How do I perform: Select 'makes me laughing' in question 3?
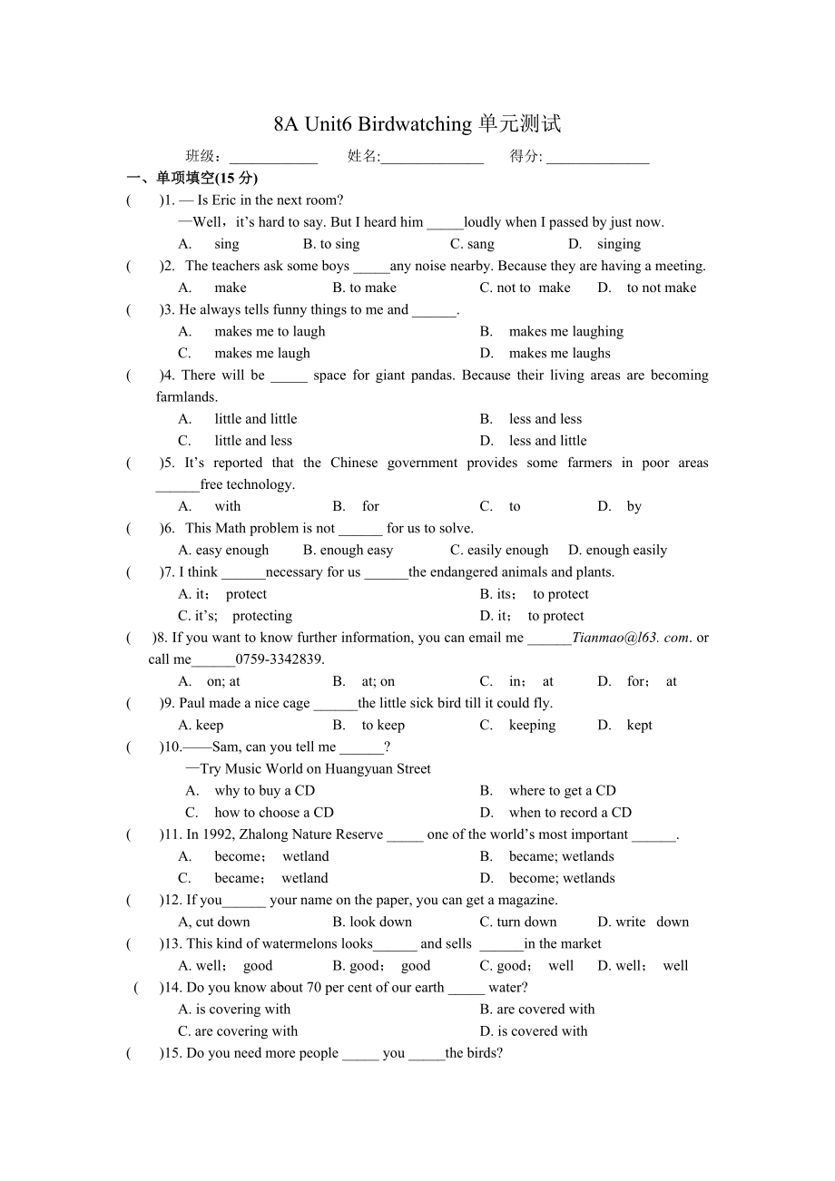pyautogui.click(x=565, y=331)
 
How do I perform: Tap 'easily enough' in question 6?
pyautogui.click(x=507, y=550)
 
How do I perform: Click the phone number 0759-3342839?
pyautogui.click(x=280, y=659)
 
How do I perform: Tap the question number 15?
pyautogui.click(x=172, y=1053)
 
